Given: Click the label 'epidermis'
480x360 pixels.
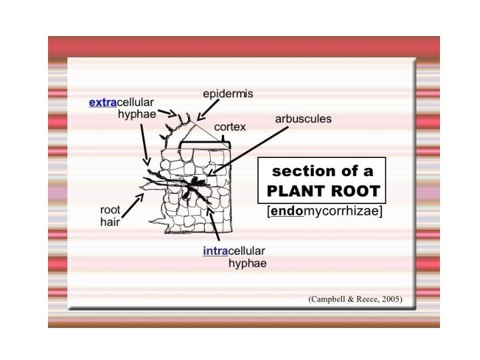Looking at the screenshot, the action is (x=228, y=95).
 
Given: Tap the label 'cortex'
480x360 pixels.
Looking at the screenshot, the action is (x=230, y=126).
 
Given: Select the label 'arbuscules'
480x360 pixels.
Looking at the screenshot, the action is (x=303, y=119).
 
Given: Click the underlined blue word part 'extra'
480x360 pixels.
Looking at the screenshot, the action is (x=102, y=103).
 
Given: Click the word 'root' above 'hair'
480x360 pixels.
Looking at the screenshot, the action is (x=101, y=210).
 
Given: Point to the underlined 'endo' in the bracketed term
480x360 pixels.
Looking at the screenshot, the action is (x=285, y=212).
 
